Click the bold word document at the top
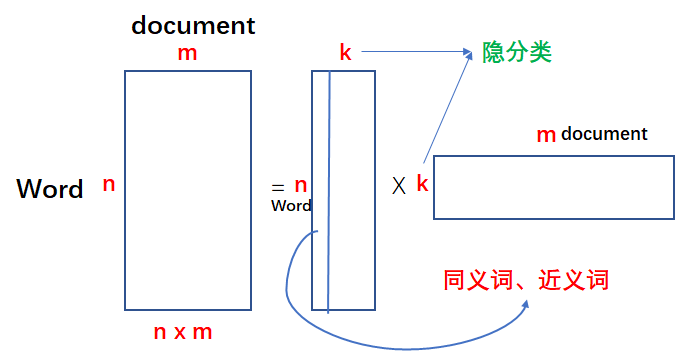193,25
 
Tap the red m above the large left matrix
187,53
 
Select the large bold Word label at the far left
49,189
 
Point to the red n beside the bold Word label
109,184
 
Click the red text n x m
183,332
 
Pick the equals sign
277,187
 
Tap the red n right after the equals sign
301,185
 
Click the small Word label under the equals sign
291,206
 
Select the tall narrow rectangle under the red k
344,190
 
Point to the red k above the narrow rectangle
345,52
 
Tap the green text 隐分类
517,51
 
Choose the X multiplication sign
399,185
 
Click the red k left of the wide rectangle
422,184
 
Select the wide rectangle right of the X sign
553,186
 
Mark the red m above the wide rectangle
546,135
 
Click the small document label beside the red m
604,134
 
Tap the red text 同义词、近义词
526,279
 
